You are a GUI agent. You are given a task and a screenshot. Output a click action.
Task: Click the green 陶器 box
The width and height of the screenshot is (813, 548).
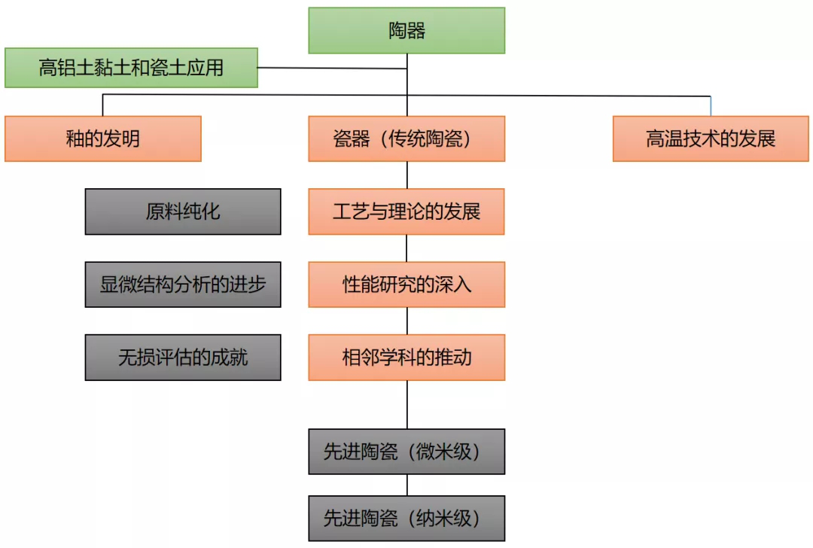coord(406,31)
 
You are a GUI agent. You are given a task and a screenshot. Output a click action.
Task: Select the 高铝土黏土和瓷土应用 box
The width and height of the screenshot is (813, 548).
coord(131,68)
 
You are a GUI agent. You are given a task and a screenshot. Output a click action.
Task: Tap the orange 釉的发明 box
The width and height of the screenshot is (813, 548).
coord(103,139)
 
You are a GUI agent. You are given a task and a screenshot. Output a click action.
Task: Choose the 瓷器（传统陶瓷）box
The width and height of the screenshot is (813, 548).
coord(406,139)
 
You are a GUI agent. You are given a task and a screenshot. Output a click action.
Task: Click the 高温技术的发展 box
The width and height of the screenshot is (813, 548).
coord(711,139)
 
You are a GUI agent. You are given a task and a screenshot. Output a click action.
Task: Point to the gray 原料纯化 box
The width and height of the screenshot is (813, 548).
coord(183,212)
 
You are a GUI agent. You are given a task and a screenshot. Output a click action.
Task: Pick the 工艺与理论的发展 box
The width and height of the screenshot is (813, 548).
coord(406,212)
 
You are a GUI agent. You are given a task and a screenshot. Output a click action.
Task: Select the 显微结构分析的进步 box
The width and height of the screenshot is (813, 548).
coord(183,285)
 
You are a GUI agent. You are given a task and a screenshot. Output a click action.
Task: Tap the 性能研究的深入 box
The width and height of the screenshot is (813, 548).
coord(406,285)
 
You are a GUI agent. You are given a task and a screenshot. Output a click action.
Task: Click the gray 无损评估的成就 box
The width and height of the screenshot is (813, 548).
coord(183,358)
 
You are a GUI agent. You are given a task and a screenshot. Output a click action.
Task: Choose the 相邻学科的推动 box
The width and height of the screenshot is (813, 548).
coord(406,358)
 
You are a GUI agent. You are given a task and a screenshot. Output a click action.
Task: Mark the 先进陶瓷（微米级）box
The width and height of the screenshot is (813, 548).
coord(406,452)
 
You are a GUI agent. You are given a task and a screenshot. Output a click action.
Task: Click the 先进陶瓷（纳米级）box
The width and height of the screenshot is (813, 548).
coord(406,518)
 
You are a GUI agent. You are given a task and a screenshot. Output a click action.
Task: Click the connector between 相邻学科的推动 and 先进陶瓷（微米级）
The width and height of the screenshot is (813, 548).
coord(406,405)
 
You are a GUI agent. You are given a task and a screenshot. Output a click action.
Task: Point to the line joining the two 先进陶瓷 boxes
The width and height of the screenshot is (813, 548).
coord(406,485)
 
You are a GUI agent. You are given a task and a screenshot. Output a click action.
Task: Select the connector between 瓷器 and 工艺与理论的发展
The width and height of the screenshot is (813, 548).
coord(406,175)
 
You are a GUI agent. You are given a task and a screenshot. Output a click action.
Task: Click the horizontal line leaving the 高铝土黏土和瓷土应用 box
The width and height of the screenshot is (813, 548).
coord(331,68)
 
